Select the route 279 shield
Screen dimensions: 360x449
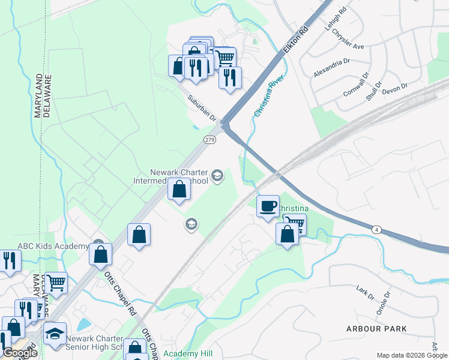(209, 140)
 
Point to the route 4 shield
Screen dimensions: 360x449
(376, 229)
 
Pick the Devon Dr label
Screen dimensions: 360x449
(394, 88)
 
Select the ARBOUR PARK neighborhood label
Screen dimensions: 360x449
(376, 329)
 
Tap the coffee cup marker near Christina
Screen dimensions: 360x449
(268, 206)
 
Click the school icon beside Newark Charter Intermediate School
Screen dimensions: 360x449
(217, 176)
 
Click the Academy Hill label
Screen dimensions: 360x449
(188, 354)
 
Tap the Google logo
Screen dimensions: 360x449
(19, 353)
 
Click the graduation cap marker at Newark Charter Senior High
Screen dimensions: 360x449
(55, 333)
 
